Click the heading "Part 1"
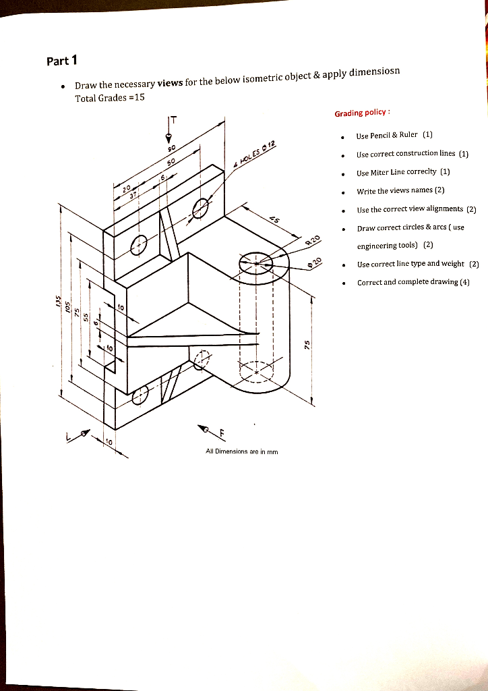coord(63,61)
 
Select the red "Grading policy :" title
coord(362,113)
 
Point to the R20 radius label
coord(312,241)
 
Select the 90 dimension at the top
coord(172,147)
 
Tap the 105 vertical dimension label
coord(67,306)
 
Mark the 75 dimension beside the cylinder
coord(307,343)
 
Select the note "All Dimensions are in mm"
coord(242,451)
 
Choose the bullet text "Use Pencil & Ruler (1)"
coord(394,135)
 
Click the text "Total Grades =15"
coord(110,98)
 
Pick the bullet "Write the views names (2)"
coord(400,190)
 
